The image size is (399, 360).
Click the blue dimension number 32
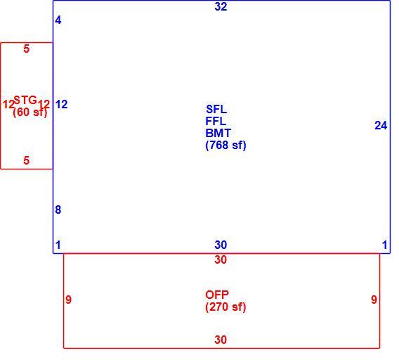pos(221,6)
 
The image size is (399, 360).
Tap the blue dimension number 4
pos(58,20)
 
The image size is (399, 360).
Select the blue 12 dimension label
pos(61,105)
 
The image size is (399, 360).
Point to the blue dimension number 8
pos(58,210)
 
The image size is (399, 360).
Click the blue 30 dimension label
pos(221,245)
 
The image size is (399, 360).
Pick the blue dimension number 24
pos(381,126)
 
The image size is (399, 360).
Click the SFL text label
pos(216,109)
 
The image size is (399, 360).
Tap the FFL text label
pos(216,121)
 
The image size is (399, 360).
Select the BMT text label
pos(218,134)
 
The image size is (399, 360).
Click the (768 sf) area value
pos(225,146)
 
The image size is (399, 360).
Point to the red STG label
pos(25,100)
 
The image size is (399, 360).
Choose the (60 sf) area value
pos(30,112)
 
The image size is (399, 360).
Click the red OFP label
pos(217,295)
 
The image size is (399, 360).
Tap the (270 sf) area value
pos(225,307)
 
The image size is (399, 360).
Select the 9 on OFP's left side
pos(68,300)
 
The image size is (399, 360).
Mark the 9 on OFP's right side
pos(374,300)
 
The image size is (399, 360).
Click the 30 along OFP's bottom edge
pos(221,340)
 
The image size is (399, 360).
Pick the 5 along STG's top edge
pos(27,49)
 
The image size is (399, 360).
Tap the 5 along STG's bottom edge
pos(27,160)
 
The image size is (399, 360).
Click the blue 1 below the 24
pos(384,245)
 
